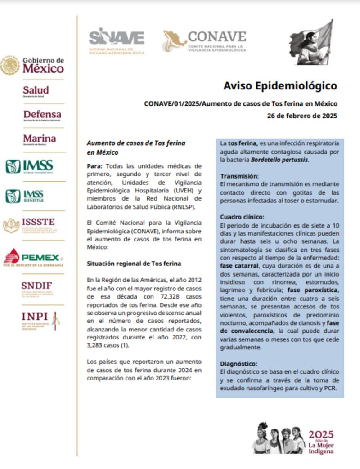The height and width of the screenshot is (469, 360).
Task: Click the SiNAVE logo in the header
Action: tap(116, 40)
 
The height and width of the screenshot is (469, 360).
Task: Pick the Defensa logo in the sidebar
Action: tap(42, 115)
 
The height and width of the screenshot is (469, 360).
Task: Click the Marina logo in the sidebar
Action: tap(40, 139)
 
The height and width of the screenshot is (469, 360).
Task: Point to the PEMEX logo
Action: tap(33, 258)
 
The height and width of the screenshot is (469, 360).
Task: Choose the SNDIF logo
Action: tap(36, 287)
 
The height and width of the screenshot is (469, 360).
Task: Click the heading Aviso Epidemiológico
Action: tap(280, 85)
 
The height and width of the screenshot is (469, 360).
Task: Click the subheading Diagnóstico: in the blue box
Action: tap(239, 363)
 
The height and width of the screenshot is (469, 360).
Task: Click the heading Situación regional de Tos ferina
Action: tap(134, 263)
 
